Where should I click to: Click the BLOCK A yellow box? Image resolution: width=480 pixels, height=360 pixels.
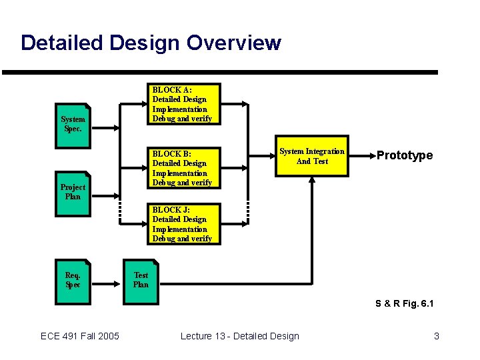pos(183,103)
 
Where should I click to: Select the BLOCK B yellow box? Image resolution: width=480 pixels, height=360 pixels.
pos(183,167)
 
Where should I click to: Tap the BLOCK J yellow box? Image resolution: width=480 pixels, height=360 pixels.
pos(183,224)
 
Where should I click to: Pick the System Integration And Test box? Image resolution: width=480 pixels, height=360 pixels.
pos(311,157)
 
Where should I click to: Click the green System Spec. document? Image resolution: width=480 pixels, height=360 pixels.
pos(73,123)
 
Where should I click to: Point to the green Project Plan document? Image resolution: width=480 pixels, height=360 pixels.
pos(73,191)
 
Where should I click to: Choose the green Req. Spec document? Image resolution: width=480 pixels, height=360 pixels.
pos(73,280)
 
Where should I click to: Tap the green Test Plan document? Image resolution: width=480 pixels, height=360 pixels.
pos(141,280)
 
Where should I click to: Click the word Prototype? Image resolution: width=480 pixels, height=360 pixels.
pos(404,155)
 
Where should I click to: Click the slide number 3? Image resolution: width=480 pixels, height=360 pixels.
pos(436,336)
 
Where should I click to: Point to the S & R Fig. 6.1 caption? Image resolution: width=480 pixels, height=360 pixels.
pos(405,304)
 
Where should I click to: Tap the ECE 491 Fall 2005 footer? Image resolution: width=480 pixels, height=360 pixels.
pos(80,336)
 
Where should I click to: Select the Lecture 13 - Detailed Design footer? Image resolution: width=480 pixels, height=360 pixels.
pos(240,336)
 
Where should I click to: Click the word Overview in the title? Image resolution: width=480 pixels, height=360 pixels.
pos(234,43)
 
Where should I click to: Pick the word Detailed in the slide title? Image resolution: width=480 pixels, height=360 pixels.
pos(59,43)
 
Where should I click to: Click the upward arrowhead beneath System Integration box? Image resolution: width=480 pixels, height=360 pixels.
pos(311,179)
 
